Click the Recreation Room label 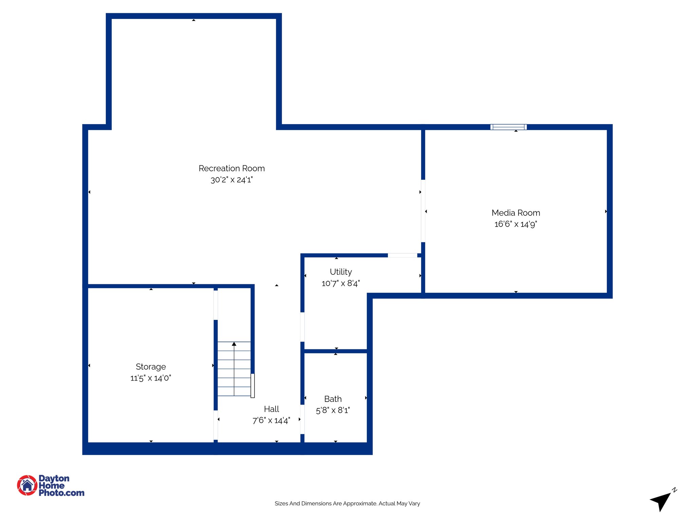(x=231, y=168)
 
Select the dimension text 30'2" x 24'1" (x=231, y=180)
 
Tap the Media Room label (x=515, y=213)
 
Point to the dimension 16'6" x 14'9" (x=515, y=224)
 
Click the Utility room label (x=341, y=272)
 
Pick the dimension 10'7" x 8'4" (x=341, y=283)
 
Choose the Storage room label (x=151, y=367)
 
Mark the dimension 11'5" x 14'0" (x=151, y=378)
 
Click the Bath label (x=333, y=399)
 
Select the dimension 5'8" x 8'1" (x=333, y=410)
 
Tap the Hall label (x=271, y=409)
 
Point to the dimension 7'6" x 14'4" (x=271, y=421)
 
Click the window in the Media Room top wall (x=508, y=127)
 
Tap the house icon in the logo (x=27, y=485)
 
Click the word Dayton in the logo (x=54, y=478)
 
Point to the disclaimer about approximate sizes (x=347, y=503)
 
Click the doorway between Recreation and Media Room (x=423, y=211)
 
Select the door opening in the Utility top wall (x=402, y=255)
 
